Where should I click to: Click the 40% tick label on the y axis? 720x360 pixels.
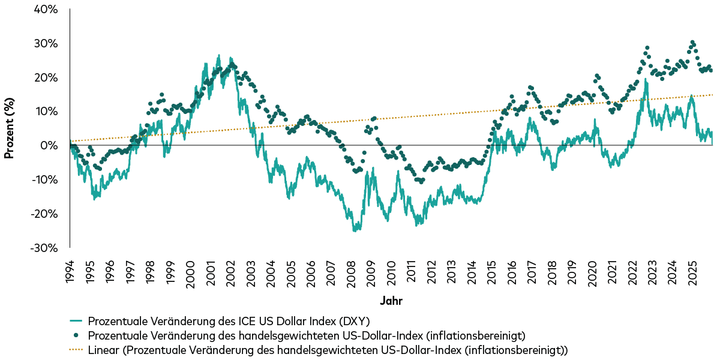pyautogui.click(x=46, y=10)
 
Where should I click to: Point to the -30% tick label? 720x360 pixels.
pyautogui.click(x=44, y=248)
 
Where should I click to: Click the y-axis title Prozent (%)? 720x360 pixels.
pyautogui.click(x=9, y=129)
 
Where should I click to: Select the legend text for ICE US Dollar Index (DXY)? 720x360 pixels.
pyautogui.click(x=228, y=321)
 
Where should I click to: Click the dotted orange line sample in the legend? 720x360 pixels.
pyautogui.click(x=77, y=349)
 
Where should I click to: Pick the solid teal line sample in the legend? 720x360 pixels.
pyautogui.click(x=77, y=321)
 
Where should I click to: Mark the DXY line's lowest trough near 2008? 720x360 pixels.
pyautogui.click(x=355, y=230)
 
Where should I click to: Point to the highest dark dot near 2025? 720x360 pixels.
pyautogui.click(x=692, y=43)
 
